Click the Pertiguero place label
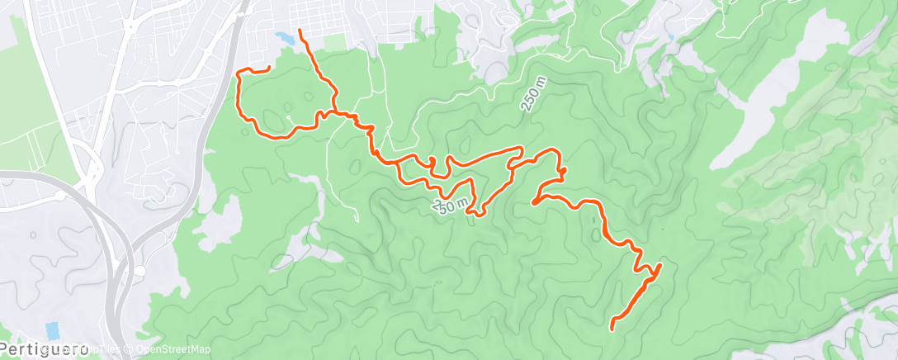click(x=45, y=350)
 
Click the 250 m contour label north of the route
click(x=532, y=99)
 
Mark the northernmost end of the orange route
click(x=300, y=31)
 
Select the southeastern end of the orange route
click(x=612, y=328)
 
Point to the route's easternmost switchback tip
click(x=661, y=265)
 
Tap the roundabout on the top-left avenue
click(x=130, y=26)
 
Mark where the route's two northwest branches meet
click(x=333, y=111)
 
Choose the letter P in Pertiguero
click(x=7, y=350)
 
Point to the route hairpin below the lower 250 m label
click(x=472, y=214)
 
